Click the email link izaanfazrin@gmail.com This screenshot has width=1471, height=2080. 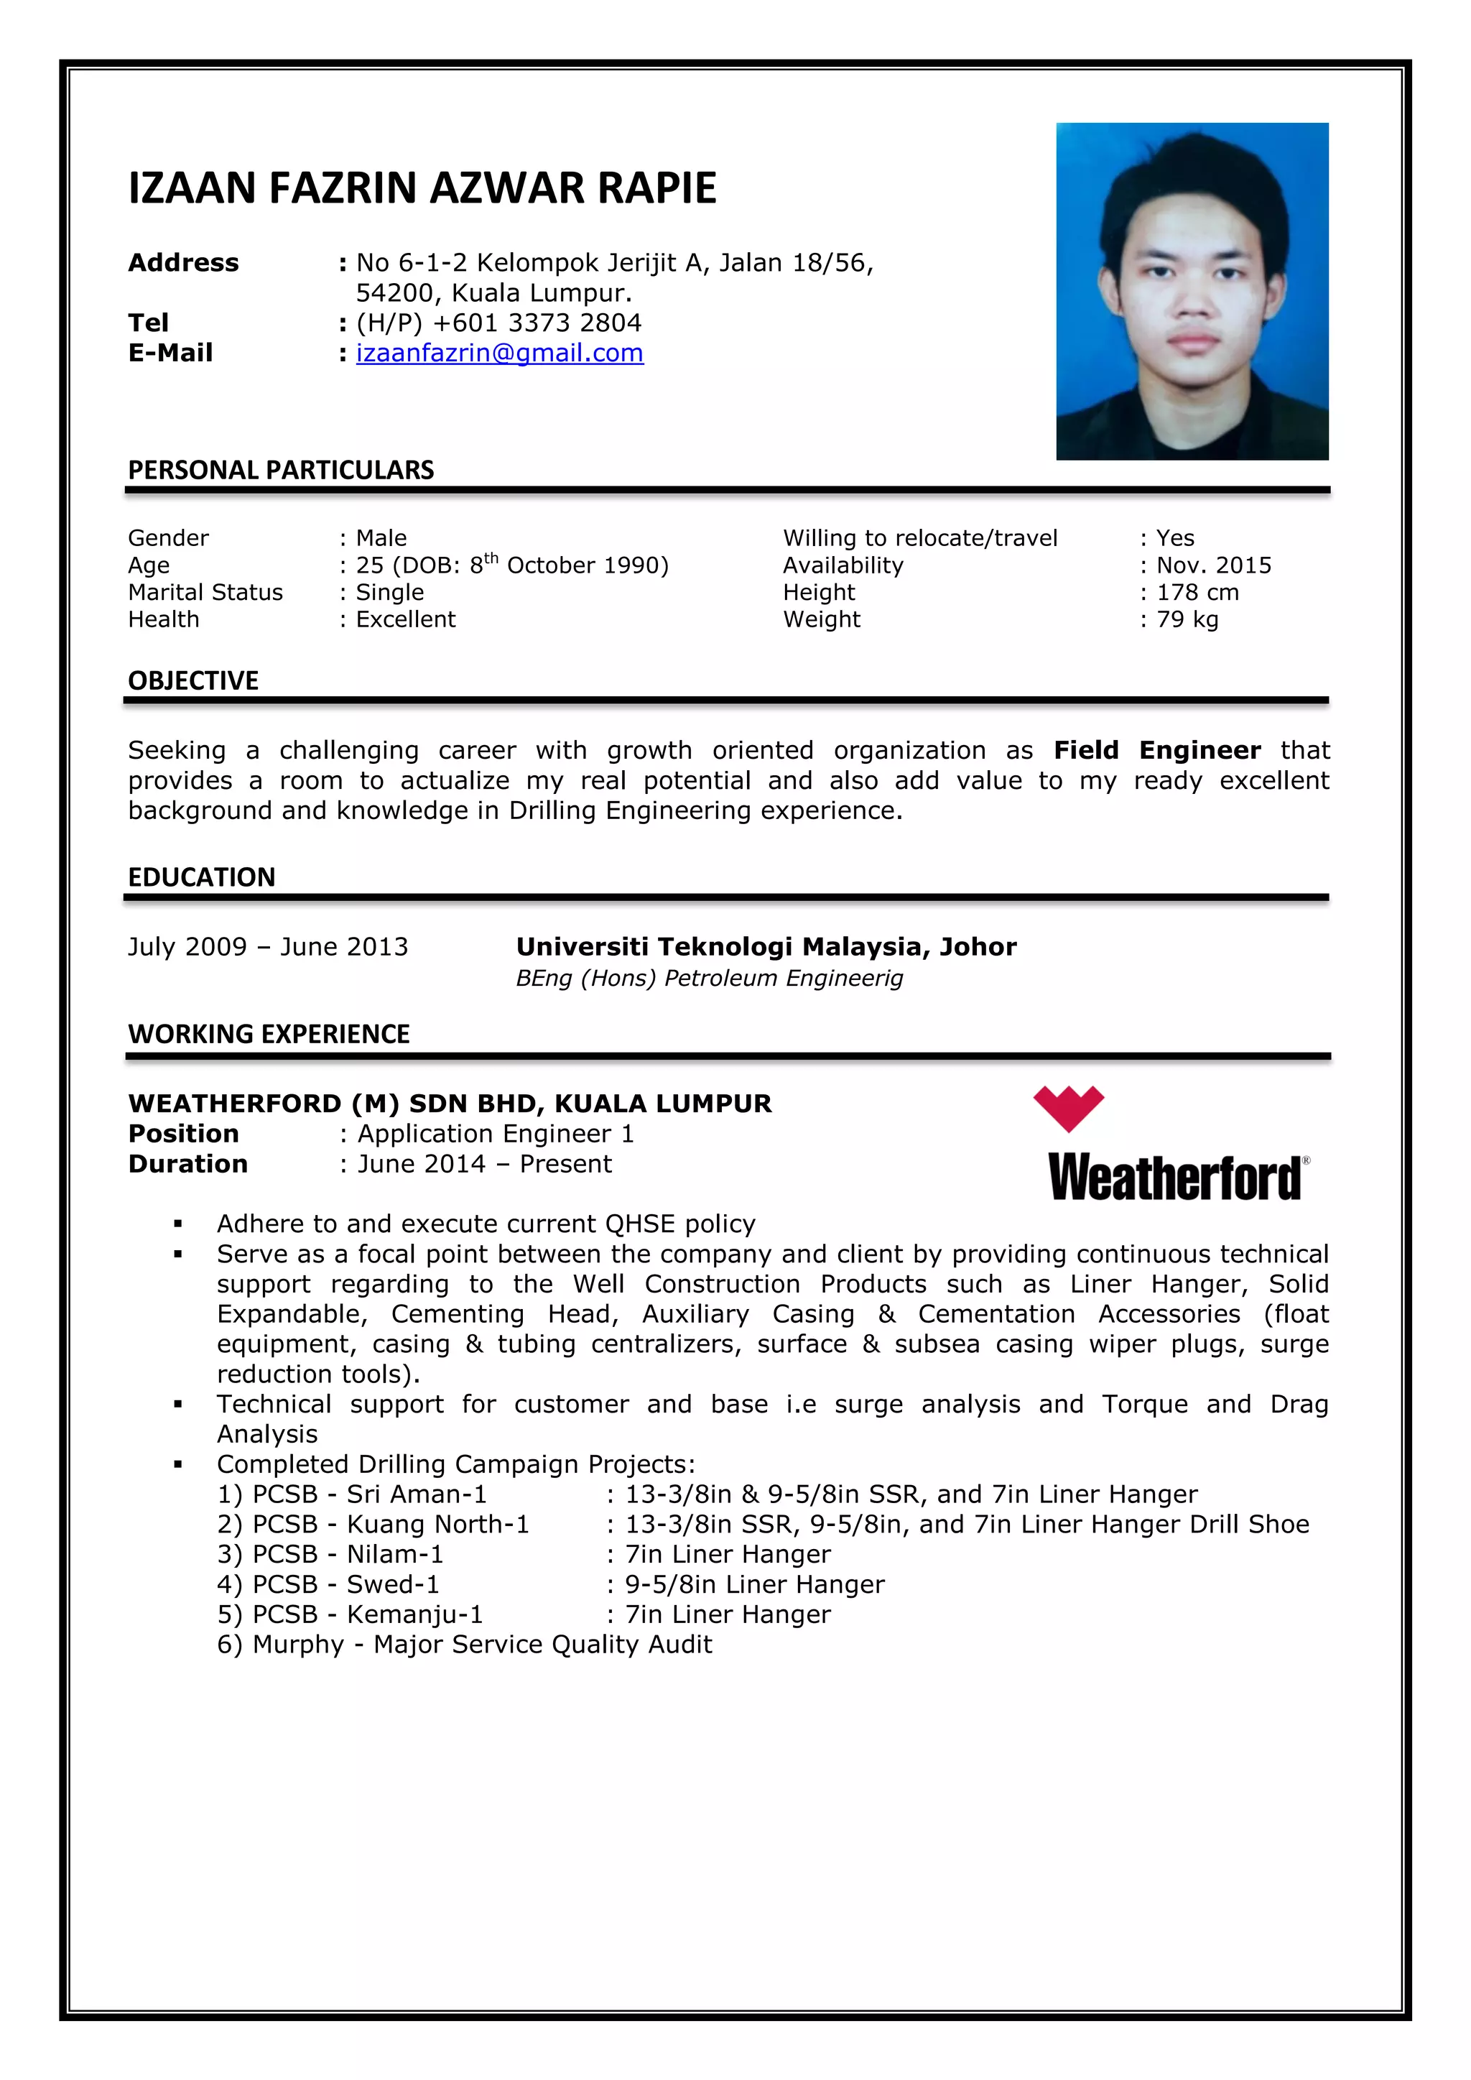[499, 353]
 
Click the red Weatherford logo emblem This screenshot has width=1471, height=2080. [1068, 1107]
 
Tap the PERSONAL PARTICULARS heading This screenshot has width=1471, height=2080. [281, 470]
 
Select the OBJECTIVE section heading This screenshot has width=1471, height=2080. [193, 680]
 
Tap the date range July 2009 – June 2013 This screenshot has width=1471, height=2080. [268, 947]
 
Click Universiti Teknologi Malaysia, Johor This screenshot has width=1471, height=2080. [766, 947]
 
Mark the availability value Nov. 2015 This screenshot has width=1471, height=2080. [1214, 565]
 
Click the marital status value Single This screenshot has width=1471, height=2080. [389, 593]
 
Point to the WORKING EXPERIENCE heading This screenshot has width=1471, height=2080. [269, 1034]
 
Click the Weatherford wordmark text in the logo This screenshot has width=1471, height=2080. [1176, 1178]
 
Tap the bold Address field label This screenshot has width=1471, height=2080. [184, 263]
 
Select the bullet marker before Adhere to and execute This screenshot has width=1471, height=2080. [178, 1225]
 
